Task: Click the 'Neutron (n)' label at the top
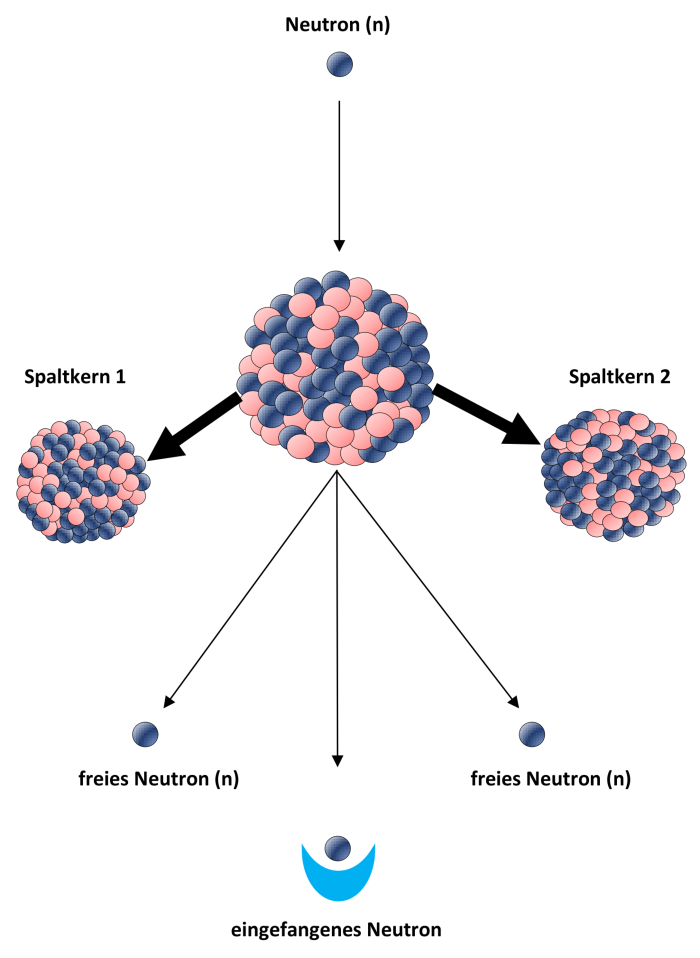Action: click(x=337, y=24)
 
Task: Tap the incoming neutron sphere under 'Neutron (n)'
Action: click(x=339, y=64)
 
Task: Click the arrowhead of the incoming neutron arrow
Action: click(x=339, y=245)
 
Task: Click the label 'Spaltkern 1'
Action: click(x=75, y=376)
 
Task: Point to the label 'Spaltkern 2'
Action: click(x=619, y=376)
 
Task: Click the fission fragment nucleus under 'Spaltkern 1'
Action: click(x=83, y=482)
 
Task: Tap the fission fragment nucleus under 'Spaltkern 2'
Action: click(x=614, y=474)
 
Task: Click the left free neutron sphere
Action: click(x=145, y=734)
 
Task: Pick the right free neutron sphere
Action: click(x=532, y=734)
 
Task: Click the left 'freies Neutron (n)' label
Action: click(x=158, y=779)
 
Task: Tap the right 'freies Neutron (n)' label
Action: click(x=550, y=779)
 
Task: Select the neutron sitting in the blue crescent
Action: click(x=338, y=848)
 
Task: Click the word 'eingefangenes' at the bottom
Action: click(x=297, y=930)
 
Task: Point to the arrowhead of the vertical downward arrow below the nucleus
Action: click(x=337, y=760)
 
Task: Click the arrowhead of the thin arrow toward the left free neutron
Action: click(x=169, y=702)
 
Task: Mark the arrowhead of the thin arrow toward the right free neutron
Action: click(x=513, y=702)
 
